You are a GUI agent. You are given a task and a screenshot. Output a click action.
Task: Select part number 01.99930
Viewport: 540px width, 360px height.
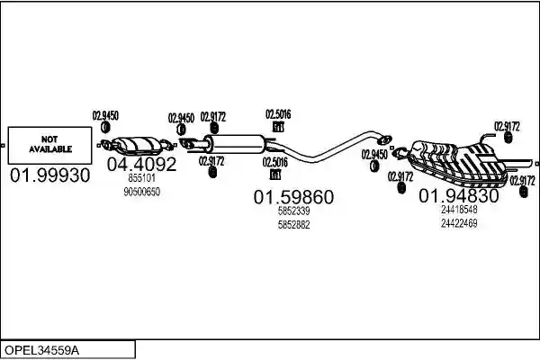(49, 175)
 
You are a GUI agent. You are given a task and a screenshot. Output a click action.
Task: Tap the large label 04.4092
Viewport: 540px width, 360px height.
(141, 165)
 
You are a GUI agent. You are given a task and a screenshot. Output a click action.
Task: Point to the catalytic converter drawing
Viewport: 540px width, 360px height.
(138, 146)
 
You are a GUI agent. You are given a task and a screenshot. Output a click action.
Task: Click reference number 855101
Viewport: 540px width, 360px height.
(142, 178)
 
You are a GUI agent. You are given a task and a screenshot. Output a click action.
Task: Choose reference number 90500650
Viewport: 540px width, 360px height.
(142, 192)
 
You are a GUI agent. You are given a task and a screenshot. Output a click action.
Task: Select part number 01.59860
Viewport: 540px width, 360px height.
(293, 197)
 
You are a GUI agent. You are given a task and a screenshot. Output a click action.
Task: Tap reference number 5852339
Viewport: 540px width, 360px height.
(293, 211)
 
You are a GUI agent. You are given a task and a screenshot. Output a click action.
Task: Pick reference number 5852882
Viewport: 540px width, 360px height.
(293, 225)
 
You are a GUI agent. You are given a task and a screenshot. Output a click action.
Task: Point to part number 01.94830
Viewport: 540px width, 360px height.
(459, 196)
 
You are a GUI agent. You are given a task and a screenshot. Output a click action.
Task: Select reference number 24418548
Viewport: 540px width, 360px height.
(459, 210)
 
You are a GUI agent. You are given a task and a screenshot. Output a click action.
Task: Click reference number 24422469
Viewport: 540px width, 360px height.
(459, 223)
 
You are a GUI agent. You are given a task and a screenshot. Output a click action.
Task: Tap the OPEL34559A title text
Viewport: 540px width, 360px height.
(41, 350)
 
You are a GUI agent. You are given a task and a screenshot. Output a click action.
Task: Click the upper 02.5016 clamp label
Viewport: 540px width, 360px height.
(278, 114)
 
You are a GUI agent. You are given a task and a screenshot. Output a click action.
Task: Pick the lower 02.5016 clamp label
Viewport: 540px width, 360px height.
(275, 162)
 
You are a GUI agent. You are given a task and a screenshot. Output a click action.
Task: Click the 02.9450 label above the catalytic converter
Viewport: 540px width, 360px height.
(105, 116)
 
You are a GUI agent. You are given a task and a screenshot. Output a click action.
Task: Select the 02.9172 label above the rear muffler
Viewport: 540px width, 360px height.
(507, 126)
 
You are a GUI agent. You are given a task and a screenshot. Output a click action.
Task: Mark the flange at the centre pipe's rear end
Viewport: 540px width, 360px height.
(383, 139)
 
